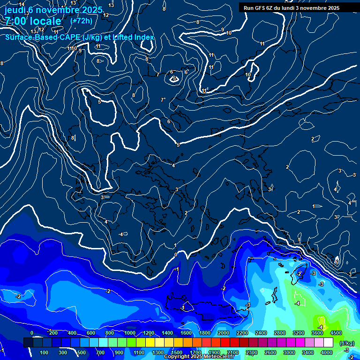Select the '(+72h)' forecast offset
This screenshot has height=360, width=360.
[x=81, y=21]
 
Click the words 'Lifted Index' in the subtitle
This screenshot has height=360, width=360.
[x=134, y=37]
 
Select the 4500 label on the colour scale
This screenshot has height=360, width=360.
[x=336, y=333]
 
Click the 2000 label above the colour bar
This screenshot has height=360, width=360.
[x=223, y=333]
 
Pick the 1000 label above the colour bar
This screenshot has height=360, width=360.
[x=129, y=333]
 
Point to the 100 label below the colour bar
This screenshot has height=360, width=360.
[x=44, y=352]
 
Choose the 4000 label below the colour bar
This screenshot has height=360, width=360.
[x=327, y=352]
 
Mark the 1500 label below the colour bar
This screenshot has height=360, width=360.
[x=177, y=352]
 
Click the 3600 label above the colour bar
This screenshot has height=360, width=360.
[x=317, y=333]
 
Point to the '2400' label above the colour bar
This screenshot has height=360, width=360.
[x=261, y=333]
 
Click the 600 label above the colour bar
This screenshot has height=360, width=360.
[x=91, y=333]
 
